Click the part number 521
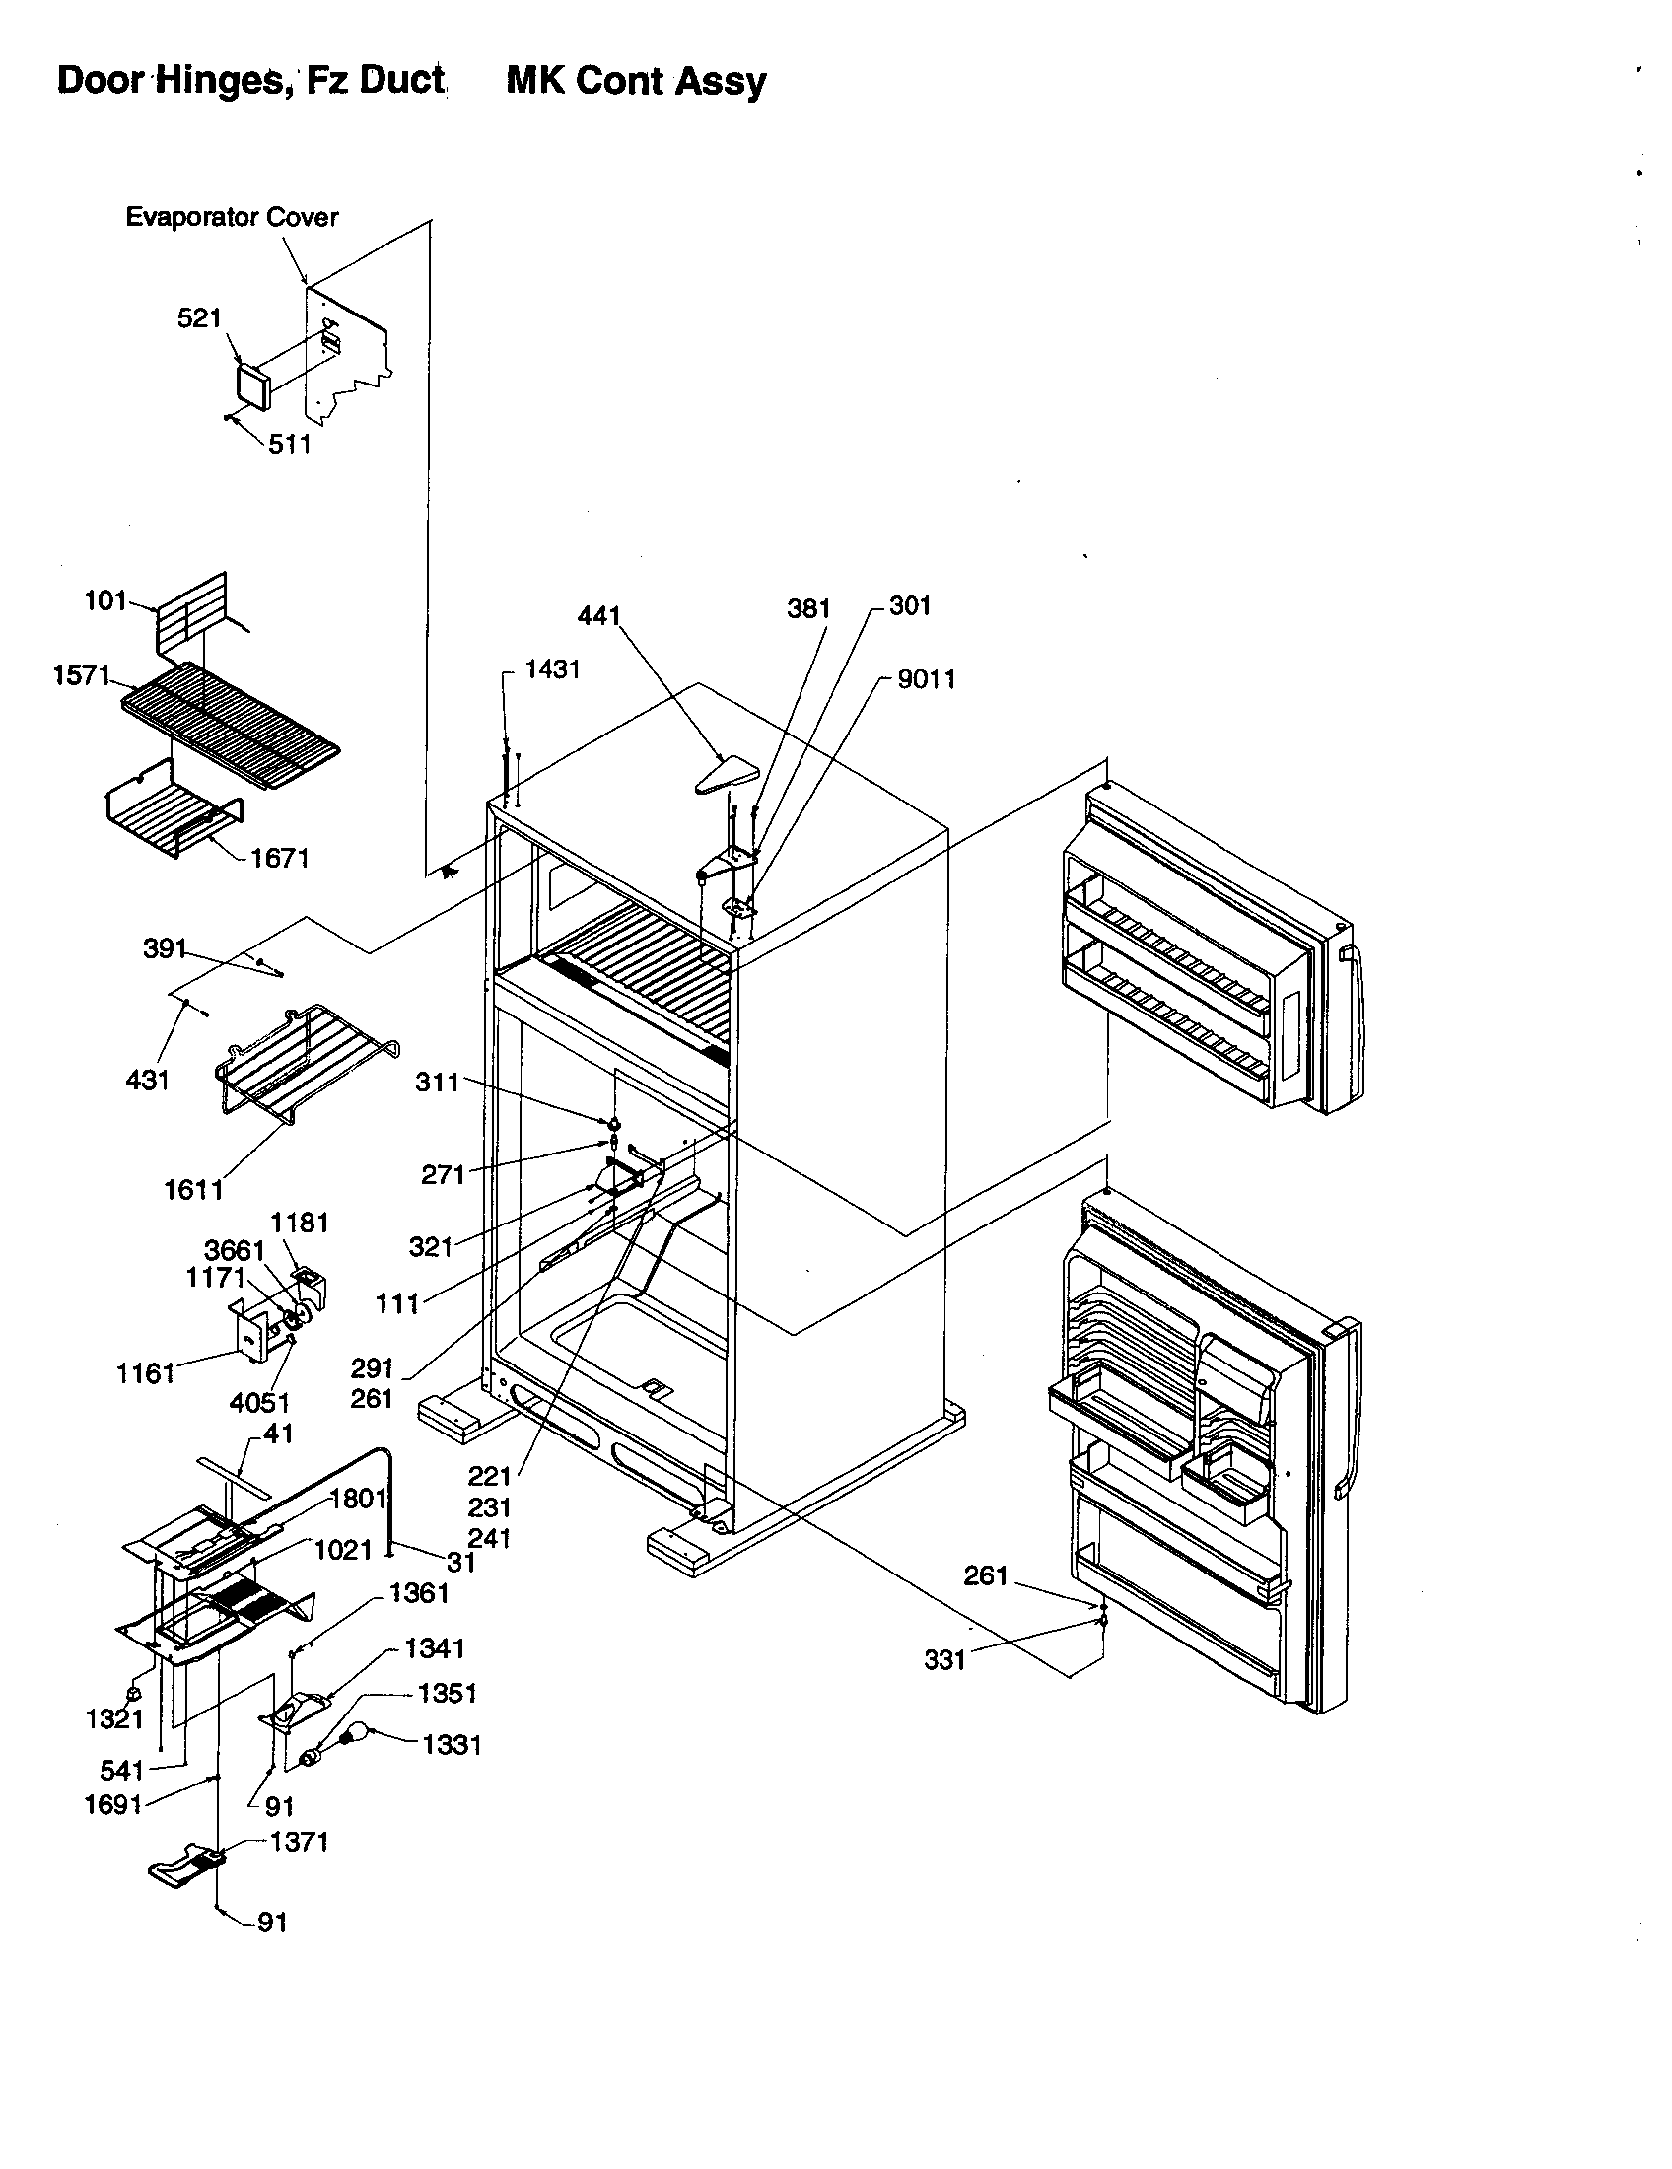pyautogui.click(x=198, y=318)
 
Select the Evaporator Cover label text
pyautogui.click(x=232, y=218)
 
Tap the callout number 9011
pyautogui.click(x=927, y=679)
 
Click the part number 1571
pyautogui.click(x=81, y=676)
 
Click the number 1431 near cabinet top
pyautogui.click(x=552, y=669)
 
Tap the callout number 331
pyautogui.click(x=944, y=1659)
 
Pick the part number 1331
pyautogui.click(x=452, y=1745)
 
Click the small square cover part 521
pyautogui.click(x=253, y=385)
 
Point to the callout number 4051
pyautogui.click(x=259, y=1403)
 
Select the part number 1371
pyautogui.click(x=299, y=1842)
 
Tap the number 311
pyautogui.click(x=437, y=1082)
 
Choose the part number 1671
pyautogui.click(x=280, y=858)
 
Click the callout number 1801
pyautogui.click(x=358, y=1499)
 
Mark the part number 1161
pyautogui.click(x=145, y=1373)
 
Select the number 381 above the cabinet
pyautogui.click(x=808, y=607)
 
